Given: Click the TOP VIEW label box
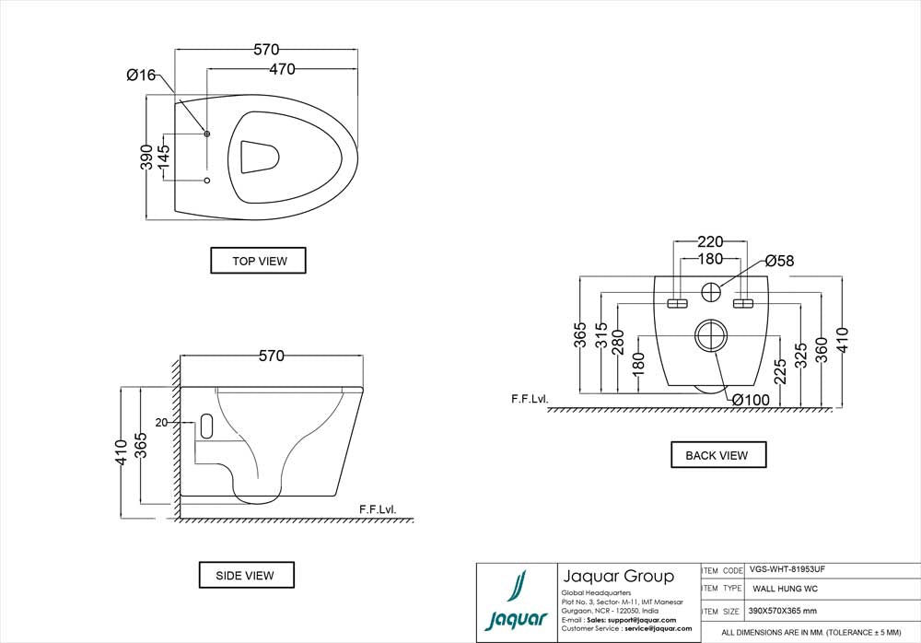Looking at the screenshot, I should click(x=258, y=261).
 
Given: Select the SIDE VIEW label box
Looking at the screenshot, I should click(x=246, y=575).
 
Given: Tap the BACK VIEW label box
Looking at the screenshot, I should click(x=717, y=455).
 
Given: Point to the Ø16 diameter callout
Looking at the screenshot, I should click(x=142, y=76).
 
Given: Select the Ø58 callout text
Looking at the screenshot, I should click(x=778, y=262).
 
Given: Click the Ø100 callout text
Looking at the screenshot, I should click(x=752, y=399).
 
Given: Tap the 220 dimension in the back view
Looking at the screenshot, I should click(x=709, y=242).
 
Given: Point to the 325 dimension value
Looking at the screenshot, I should click(x=800, y=354).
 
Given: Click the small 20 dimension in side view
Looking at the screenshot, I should click(x=161, y=423).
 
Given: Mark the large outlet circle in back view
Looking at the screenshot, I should click(x=710, y=334).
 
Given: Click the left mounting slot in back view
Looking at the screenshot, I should click(x=678, y=304).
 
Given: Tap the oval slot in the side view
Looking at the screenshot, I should click(x=205, y=426).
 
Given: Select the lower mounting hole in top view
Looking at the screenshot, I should click(x=206, y=179).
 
